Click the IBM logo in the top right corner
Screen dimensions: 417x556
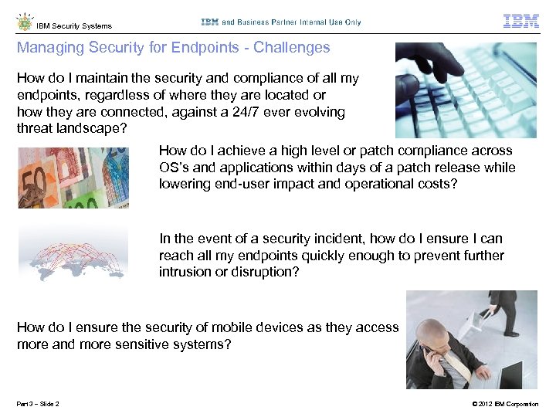pos(520,21)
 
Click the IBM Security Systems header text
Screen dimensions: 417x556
pos(74,26)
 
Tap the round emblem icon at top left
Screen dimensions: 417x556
pos(24,22)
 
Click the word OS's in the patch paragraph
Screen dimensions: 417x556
pos(177,168)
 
